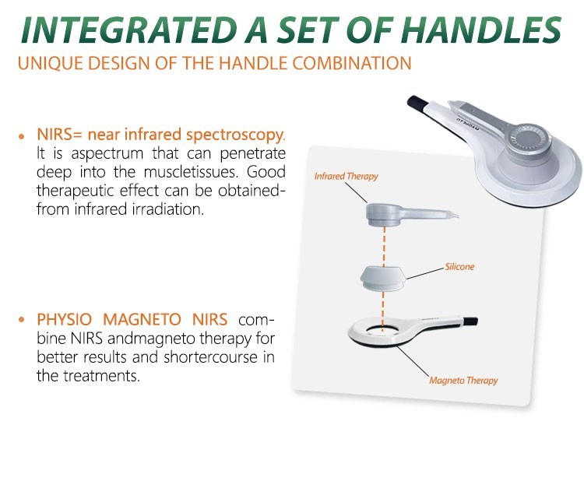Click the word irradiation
tap(167, 209)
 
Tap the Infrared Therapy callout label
tap(346, 177)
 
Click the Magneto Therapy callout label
tap(463, 381)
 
